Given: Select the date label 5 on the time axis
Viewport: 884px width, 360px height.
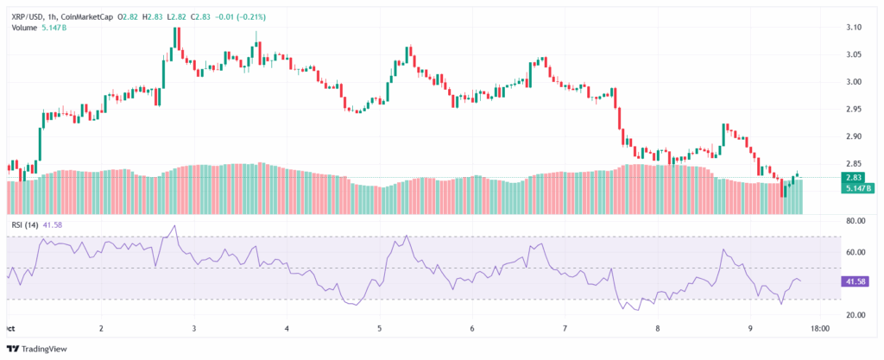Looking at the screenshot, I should pyautogui.click(x=380, y=329).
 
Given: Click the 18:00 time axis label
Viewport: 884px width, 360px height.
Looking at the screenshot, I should pyautogui.click(x=821, y=329).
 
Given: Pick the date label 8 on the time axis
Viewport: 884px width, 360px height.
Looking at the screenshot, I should pyautogui.click(x=658, y=329).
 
